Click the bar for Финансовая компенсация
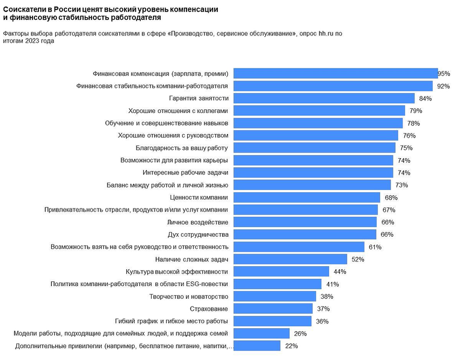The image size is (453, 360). click(335, 73)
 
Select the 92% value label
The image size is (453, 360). click(443, 86)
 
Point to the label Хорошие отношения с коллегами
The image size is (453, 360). click(179, 111)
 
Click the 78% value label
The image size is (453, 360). click(412, 123)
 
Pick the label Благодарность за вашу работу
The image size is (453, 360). click(179, 148)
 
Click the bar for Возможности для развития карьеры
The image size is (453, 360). click(313, 160)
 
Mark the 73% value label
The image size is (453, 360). click(402, 185)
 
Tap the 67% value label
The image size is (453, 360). click(388, 210)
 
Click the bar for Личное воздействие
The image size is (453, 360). click(304, 222)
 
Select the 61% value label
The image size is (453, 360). click(375, 247)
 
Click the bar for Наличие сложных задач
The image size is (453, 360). click(290, 259)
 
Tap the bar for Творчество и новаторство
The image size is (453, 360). click(274, 296)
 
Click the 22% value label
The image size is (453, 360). click(291, 346)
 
